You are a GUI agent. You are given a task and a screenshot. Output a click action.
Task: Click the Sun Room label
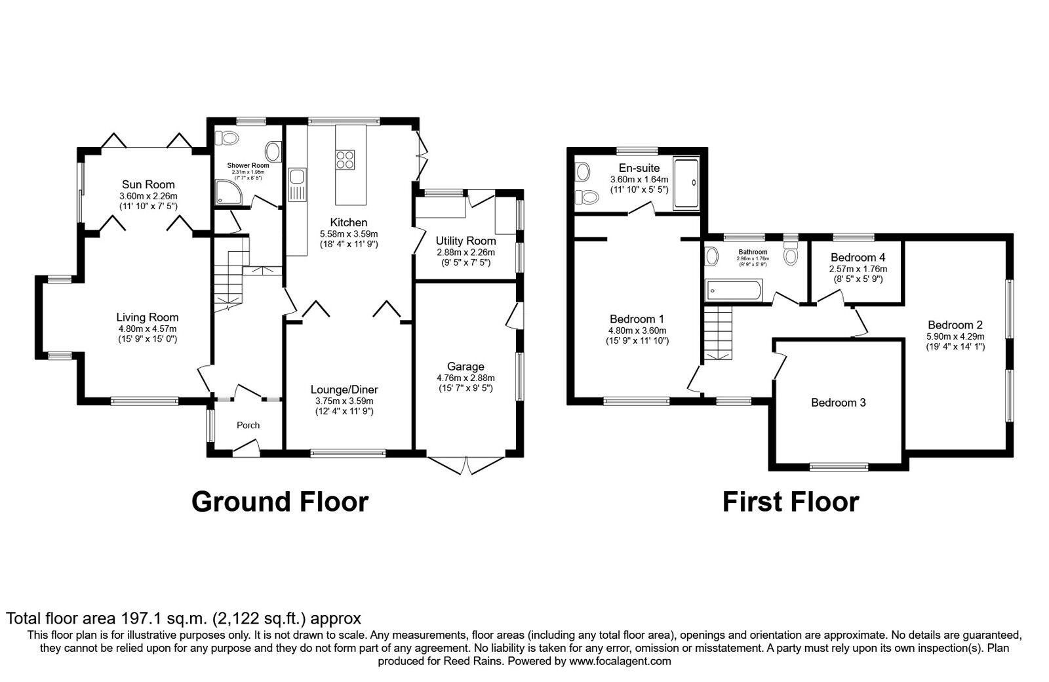(x=148, y=184)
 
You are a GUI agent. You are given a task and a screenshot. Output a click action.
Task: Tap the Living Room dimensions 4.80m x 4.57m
(x=148, y=329)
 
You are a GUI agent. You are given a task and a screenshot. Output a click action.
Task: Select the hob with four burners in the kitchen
(x=346, y=160)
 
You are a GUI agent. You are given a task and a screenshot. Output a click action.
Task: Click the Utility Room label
(x=465, y=241)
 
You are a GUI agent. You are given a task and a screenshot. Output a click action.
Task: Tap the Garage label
(x=465, y=367)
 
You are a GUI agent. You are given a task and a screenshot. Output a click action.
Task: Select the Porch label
(x=248, y=425)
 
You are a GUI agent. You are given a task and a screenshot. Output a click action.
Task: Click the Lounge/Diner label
(x=344, y=390)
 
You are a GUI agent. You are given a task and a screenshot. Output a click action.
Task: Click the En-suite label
(x=639, y=168)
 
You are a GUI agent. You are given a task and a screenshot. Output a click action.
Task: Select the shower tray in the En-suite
(x=687, y=184)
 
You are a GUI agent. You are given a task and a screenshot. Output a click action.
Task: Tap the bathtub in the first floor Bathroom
(x=733, y=289)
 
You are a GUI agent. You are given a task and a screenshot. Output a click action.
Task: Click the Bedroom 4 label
(x=858, y=258)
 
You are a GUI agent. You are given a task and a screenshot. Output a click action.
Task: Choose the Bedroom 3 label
(x=838, y=403)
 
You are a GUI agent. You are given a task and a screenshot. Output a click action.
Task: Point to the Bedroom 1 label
(x=637, y=319)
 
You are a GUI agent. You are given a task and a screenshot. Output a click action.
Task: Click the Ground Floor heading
(x=280, y=502)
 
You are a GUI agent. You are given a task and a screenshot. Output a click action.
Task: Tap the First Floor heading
(x=790, y=502)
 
